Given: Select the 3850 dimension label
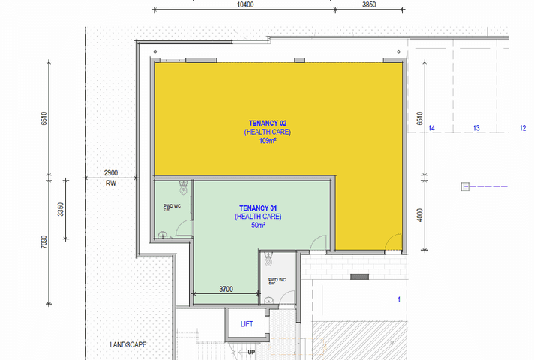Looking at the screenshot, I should coord(368,4).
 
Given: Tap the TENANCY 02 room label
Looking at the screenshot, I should coord(268,123).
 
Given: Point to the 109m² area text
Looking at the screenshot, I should coord(268,140).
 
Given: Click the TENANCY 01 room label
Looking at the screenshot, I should coord(258,208).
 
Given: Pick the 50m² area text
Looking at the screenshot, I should coord(258,225).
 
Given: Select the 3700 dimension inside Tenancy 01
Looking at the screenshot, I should coord(226,288).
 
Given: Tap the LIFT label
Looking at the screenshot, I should coord(247,324).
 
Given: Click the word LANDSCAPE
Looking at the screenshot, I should coord(127,345).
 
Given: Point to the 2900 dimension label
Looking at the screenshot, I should coord(111,173).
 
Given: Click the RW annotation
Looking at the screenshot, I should coord(111,183).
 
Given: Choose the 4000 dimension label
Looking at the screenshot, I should coord(420,215).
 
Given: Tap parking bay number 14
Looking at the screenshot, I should coord(431,129).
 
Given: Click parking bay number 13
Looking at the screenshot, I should coord(475,129).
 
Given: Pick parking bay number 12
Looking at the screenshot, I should coord(522,129).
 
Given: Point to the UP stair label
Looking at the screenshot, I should coord(251,352).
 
